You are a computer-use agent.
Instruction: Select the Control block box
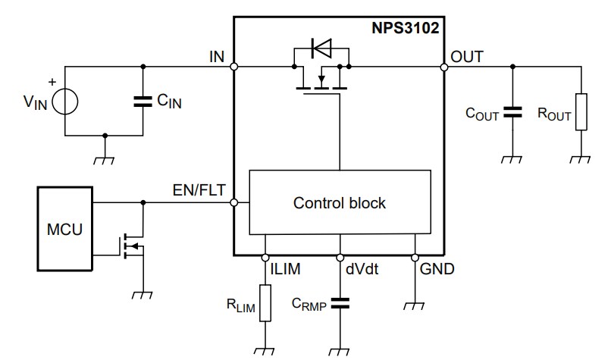[339, 202]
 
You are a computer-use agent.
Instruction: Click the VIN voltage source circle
[64, 100]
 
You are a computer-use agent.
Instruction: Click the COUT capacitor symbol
[512, 113]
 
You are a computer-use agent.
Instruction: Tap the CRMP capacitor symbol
[340, 303]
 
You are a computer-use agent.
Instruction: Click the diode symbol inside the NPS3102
[321, 50]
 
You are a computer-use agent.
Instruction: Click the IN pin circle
[234, 67]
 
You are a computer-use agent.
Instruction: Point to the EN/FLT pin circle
[234, 202]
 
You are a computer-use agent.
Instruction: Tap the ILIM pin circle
[265, 257]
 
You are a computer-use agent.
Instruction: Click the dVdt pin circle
[340, 257]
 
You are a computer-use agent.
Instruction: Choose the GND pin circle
[415, 257]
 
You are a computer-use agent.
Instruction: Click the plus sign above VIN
[52, 81]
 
